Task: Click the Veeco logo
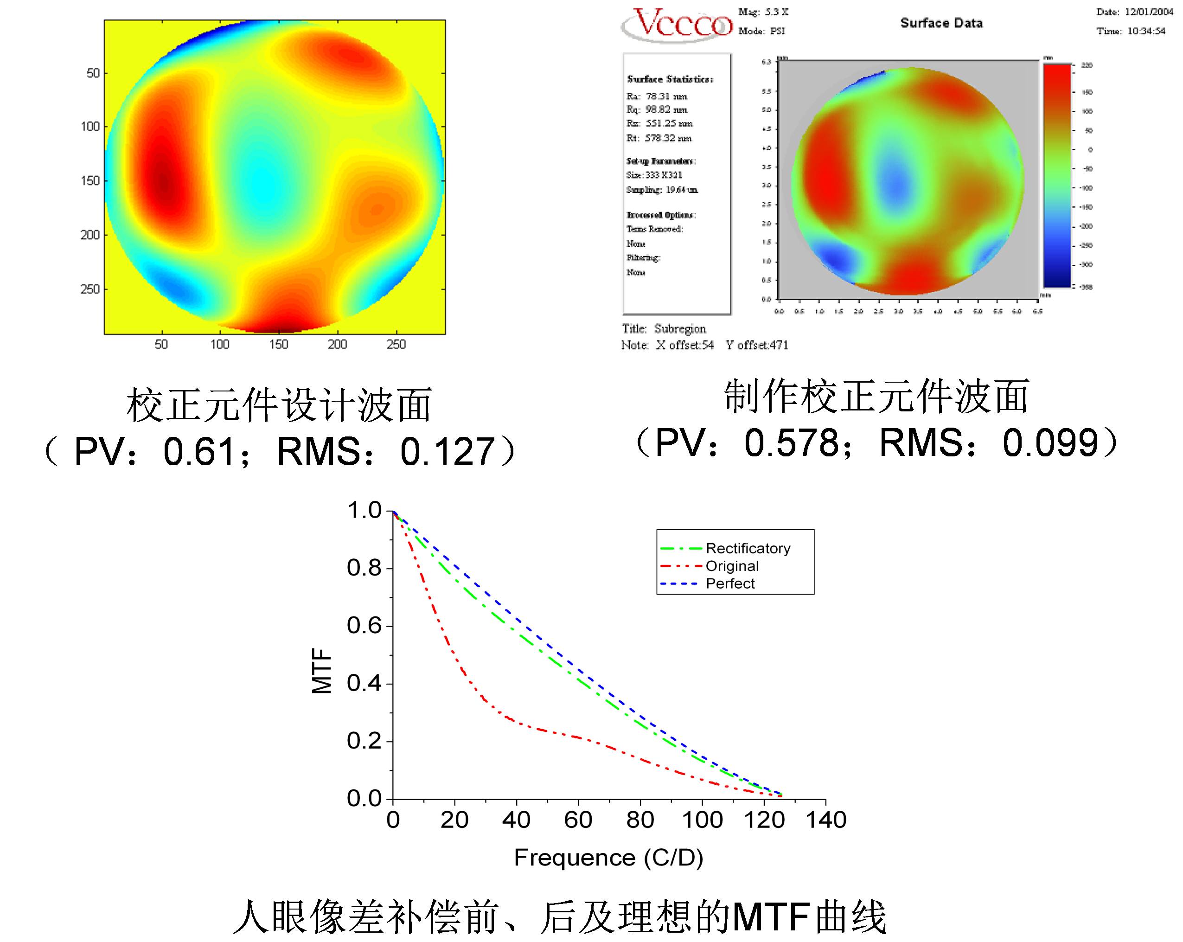coord(677,24)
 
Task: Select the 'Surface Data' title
coord(941,23)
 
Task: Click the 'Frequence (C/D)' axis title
coord(608,857)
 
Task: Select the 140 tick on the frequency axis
coord(825,820)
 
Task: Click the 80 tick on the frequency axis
coord(640,820)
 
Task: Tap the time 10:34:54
coord(1146,31)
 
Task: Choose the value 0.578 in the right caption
coord(791,443)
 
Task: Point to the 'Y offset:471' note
coord(757,345)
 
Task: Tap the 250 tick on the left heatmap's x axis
coord(396,345)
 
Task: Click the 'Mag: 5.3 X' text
coord(763,12)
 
